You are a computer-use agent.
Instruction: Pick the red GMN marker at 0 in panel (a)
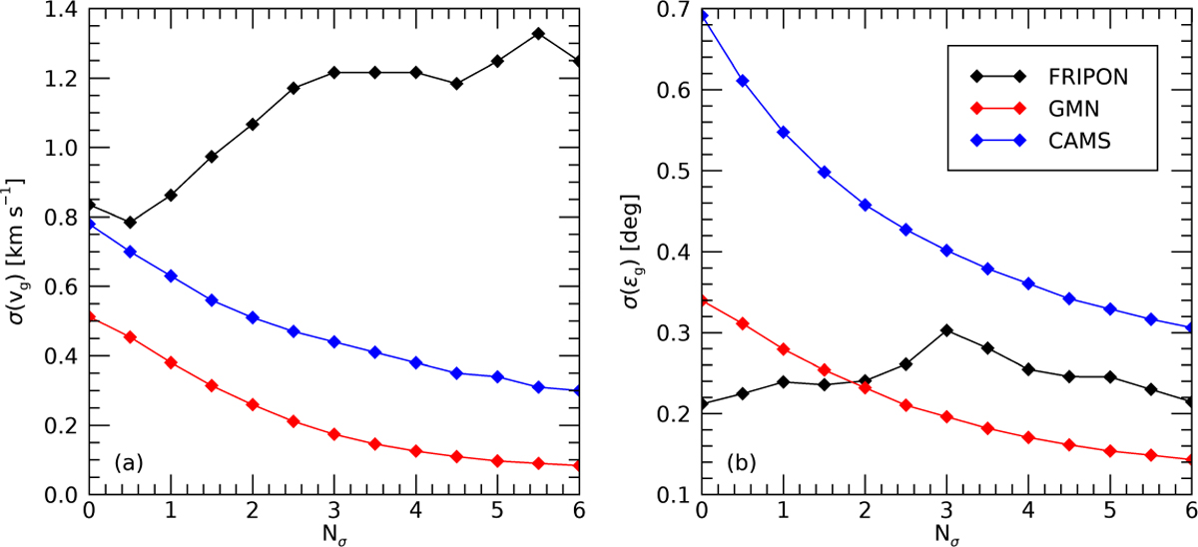click(x=90, y=317)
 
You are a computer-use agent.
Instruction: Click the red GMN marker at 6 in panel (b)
click(x=1187, y=459)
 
